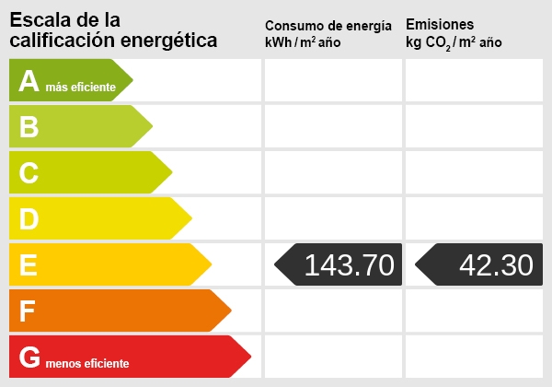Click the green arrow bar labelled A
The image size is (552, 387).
click(x=69, y=80)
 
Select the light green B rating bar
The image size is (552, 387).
click(x=78, y=126)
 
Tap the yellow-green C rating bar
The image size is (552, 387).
click(x=87, y=172)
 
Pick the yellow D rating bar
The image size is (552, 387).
click(x=97, y=218)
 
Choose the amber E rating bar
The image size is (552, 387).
click(x=106, y=265)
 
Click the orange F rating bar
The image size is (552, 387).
click(x=115, y=311)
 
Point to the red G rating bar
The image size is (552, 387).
click(x=124, y=358)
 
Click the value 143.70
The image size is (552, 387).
click(x=349, y=265)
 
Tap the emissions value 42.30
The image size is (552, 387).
click(x=496, y=265)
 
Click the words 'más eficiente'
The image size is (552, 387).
click(x=81, y=88)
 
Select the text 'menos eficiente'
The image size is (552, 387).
click(x=87, y=364)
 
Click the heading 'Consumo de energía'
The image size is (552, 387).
click(x=328, y=25)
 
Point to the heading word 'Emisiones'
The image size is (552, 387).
click(x=440, y=25)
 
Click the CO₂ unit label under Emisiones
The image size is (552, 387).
click(x=454, y=42)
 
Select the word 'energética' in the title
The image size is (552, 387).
click(x=172, y=41)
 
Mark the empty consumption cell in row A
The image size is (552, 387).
click(x=333, y=80)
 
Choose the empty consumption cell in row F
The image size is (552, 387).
click(x=333, y=311)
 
